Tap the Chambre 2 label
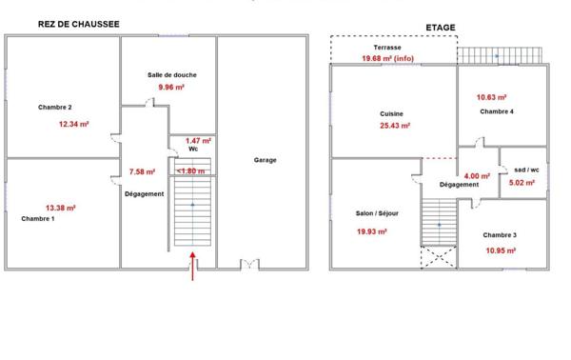pyautogui.click(x=56, y=107)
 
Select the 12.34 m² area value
pyautogui.click(x=73, y=124)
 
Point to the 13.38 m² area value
pyautogui.click(x=60, y=207)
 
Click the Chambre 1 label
pyautogui.click(x=38, y=218)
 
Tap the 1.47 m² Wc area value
pyautogui.click(x=198, y=140)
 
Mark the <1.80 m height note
pyautogui.click(x=192, y=171)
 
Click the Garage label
pyautogui.click(x=265, y=160)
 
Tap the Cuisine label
pyautogui.click(x=392, y=114)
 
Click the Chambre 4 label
pyautogui.click(x=498, y=111)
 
